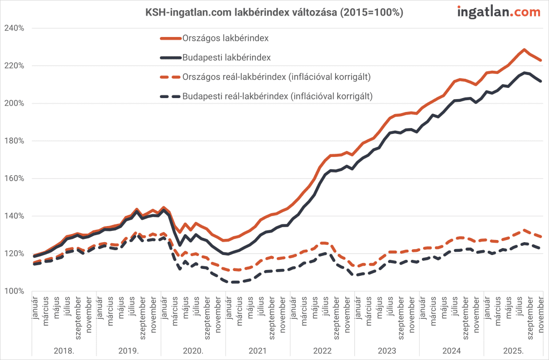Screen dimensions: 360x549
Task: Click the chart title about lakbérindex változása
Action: (x=274, y=12)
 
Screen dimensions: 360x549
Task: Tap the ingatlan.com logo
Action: (x=499, y=12)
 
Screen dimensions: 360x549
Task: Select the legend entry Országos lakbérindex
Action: (x=226, y=38)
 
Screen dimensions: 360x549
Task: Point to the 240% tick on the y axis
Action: (x=15, y=28)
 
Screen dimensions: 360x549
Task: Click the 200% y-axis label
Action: (x=15, y=103)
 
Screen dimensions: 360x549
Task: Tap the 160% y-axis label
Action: (x=15, y=178)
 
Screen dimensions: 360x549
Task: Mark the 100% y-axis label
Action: (x=15, y=291)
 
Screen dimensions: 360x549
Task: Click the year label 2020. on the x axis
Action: (x=192, y=351)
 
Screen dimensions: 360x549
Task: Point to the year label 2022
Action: (x=322, y=351)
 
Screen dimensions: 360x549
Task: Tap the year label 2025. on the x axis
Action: (x=513, y=351)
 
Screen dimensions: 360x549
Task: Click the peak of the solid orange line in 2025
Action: (x=524, y=49)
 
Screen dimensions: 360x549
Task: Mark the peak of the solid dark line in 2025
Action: (x=524, y=72)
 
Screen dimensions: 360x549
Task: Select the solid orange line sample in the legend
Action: (x=170, y=38)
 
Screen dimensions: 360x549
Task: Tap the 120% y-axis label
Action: (x=15, y=254)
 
